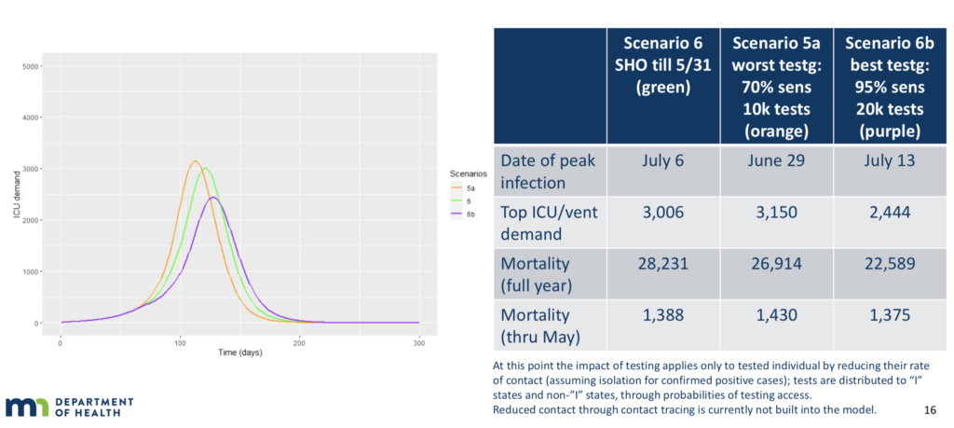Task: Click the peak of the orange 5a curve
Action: pos(195,161)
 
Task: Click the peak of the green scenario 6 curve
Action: pos(204,169)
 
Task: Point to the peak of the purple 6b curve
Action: pos(213,198)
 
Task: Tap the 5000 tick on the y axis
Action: pos(31,67)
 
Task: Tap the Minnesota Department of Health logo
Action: pos(69,407)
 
